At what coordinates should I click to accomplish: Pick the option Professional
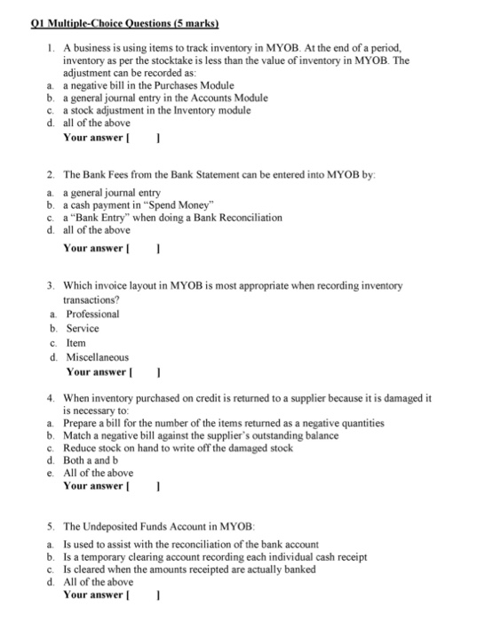coord(92,314)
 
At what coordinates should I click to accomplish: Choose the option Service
coord(83,328)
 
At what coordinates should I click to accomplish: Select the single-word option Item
coord(76,343)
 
